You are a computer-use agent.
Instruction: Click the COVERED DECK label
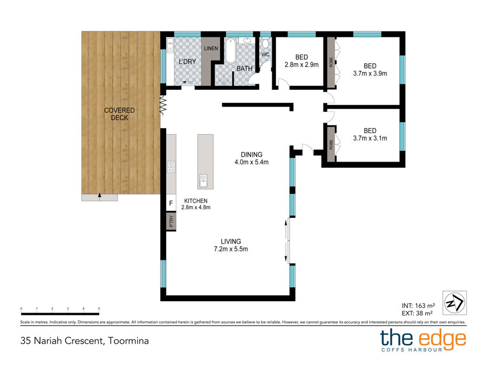click(x=119, y=114)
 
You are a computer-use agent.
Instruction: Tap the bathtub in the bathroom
click(x=231, y=51)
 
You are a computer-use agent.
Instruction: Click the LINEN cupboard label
click(x=211, y=49)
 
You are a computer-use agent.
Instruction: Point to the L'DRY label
click(x=187, y=62)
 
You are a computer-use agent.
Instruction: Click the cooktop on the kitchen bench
click(x=171, y=167)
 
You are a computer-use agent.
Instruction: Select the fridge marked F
click(x=171, y=203)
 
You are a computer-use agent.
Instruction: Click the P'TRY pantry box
click(x=171, y=221)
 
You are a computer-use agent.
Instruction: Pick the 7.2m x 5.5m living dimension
click(x=231, y=249)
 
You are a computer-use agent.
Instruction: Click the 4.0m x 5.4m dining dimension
click(x=252, y=162)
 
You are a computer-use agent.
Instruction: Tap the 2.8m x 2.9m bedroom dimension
click(x=301, y=65)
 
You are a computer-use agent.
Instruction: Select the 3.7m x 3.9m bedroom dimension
click(x=370, y=74)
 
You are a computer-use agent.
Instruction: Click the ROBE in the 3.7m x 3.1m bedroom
click(x=331, y=144)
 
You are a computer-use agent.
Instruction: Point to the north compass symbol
click(x=455, y=303)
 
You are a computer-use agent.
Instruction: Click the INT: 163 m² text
click(x=418, y=306)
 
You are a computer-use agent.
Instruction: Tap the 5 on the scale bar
click(x=99, y=309)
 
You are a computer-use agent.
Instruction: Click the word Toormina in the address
click(x=129, y=341)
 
